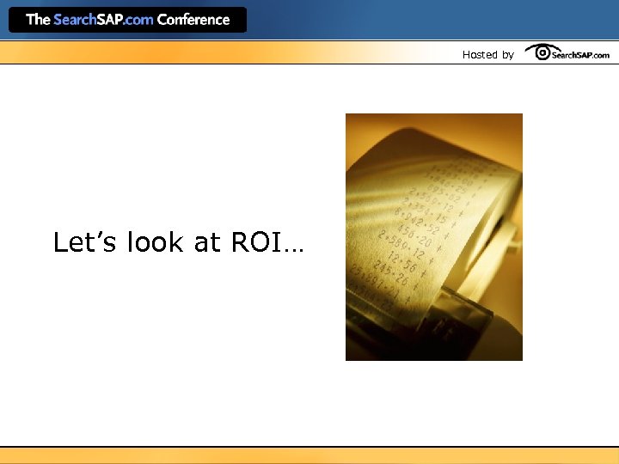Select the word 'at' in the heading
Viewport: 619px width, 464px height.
(x=208, y=243)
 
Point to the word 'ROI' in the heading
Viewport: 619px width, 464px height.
(x=255, y=242)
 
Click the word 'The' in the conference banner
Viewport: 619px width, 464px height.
(x=38, y=19)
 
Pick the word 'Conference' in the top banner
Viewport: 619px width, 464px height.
(x=193, y=19)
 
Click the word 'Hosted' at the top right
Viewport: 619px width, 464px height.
(x=480, y=54)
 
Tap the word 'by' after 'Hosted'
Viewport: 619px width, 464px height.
(x=507, y=54)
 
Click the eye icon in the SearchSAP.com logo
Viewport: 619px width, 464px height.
(x=542, y=53)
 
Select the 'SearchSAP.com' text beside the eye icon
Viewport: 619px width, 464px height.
(x=580, y=55)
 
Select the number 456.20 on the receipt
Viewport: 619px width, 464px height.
(x=414, y=231)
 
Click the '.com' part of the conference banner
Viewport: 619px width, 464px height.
(x=138, y=19)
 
